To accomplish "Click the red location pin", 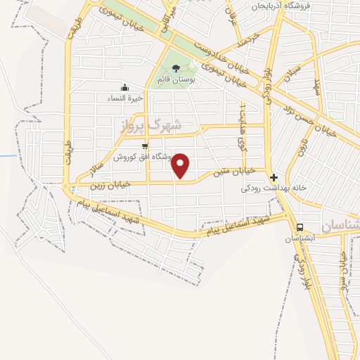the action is (181, 165).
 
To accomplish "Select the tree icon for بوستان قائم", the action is (175, 68).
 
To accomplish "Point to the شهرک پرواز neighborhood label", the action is (151, 126).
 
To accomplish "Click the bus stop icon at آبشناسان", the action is (300, 227).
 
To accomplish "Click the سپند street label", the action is (318, 87).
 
